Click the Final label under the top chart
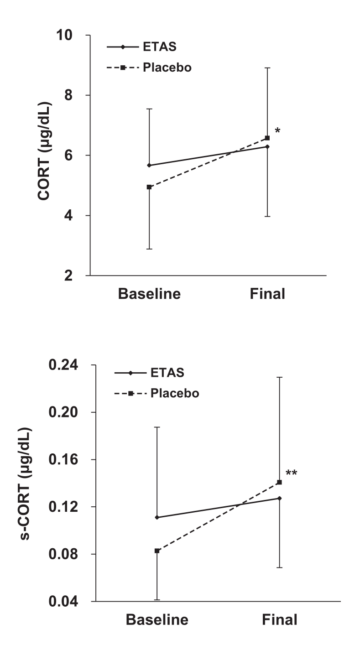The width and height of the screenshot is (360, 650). tap(266, 295)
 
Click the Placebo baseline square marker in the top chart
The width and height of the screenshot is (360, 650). tap(149, 187)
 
